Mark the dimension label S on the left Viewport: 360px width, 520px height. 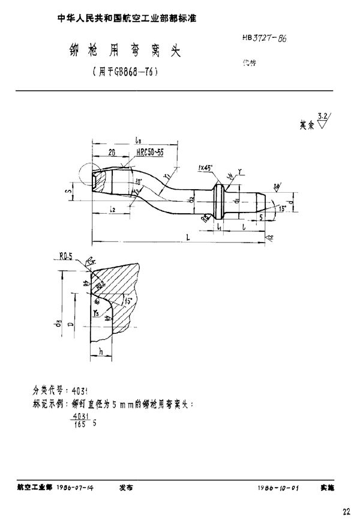click(x=70, y=192)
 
